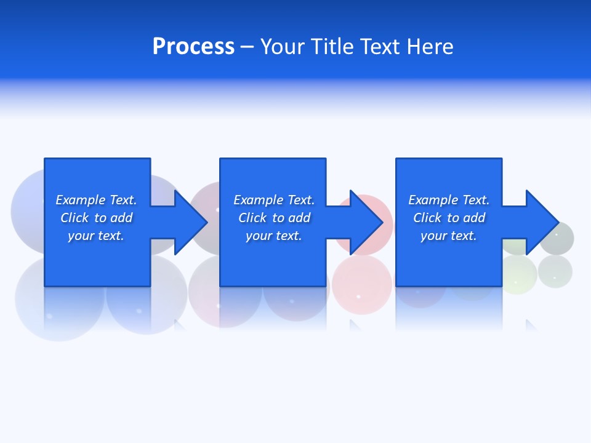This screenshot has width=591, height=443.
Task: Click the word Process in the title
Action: (x=193, y=47)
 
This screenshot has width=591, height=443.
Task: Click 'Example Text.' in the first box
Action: (x=96, y=200)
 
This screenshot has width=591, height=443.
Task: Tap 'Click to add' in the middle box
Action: (x=274, y=218)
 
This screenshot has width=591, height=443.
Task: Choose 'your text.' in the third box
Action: (x=448, y=236)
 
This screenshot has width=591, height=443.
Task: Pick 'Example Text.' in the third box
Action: (x=448, y=200)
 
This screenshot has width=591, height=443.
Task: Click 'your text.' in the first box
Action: (x=96, y=236)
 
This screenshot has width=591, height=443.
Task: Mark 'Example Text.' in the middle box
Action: (x=274, y=200)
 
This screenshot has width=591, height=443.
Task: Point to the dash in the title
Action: (x=247, y=47)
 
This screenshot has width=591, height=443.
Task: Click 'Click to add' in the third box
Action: (x=448, y=218)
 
